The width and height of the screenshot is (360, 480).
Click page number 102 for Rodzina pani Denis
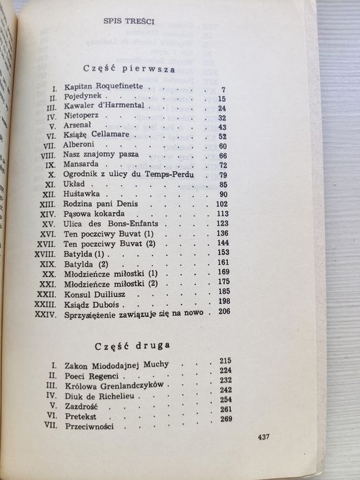click(x=221, y=203)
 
